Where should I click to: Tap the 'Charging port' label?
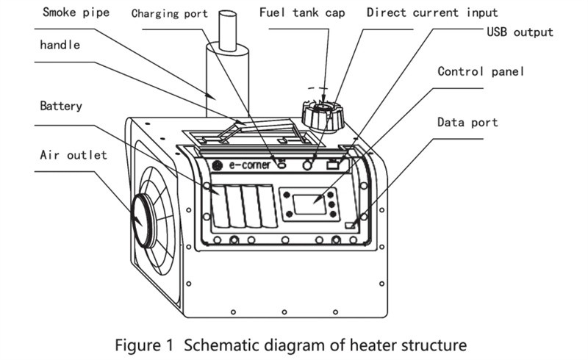coord(170,13)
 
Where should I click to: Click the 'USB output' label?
coord(520,32)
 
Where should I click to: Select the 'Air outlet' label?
coord(73,154)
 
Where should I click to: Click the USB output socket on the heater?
coord(333,165)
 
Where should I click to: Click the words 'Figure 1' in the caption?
coord(146,343)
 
